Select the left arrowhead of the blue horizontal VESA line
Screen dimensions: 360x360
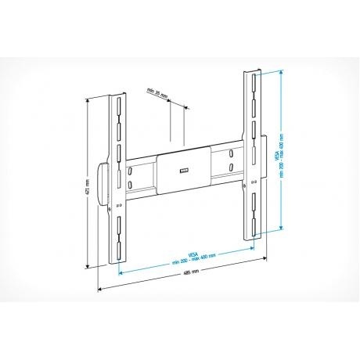[120, 273]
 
